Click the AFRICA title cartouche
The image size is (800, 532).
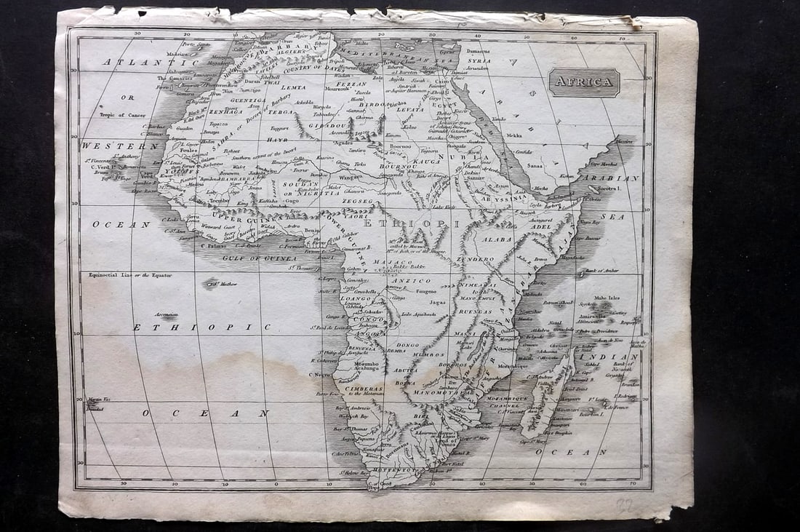584,82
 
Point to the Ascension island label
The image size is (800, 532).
166,314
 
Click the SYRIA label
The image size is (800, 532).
479,61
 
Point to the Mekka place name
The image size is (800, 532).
514,135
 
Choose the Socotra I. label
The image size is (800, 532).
610,188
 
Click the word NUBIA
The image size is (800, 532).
474,157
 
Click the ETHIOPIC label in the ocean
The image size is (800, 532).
192,327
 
